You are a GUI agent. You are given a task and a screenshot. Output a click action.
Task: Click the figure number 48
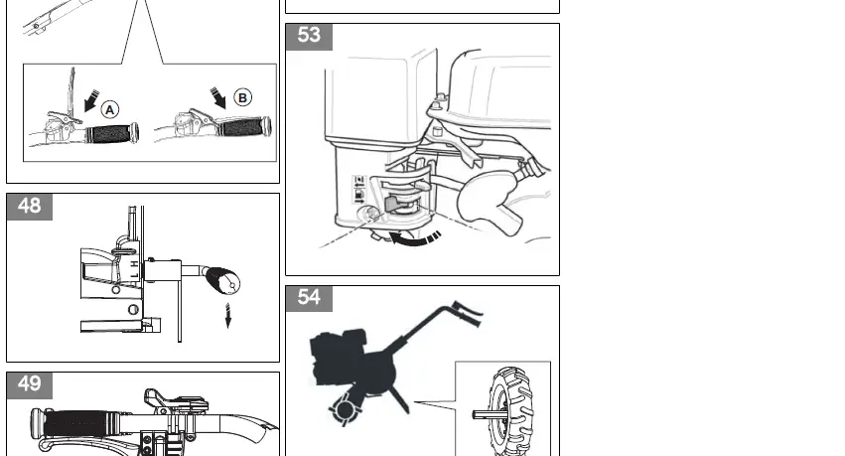click(x=30, y=207)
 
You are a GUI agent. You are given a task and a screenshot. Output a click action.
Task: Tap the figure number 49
click(x=30, y=385)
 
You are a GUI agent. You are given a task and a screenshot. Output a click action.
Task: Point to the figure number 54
click(x=309, y=298)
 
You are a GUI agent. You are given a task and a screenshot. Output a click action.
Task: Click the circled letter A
click(x=110, y=109)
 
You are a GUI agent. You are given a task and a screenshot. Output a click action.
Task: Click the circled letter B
click(x=243, y=97)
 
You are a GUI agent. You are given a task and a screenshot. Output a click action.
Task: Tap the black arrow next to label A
click(x=91, y=101)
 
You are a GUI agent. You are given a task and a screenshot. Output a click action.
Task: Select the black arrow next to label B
click(x=218, y=97)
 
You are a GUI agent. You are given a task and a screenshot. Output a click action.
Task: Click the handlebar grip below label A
click(x=112, y=133)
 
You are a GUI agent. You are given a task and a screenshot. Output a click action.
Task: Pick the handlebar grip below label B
click(x=245, y=127)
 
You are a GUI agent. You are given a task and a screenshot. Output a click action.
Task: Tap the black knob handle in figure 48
click(x=221, y=281)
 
